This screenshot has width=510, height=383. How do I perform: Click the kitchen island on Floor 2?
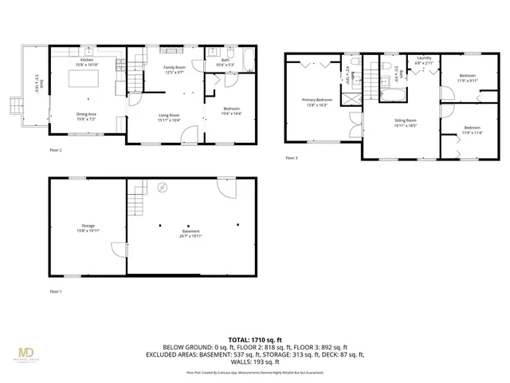(85, 80)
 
